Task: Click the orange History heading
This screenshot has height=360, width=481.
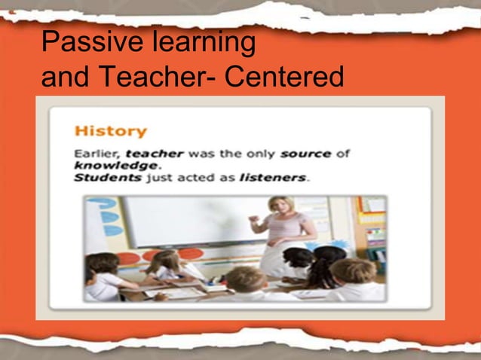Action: [x=110, y=131]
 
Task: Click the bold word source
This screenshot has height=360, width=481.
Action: [x=305, y=154]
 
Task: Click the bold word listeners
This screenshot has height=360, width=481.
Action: [x=272, y=178]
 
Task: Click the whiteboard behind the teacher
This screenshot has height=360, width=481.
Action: [x=188, y=222]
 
